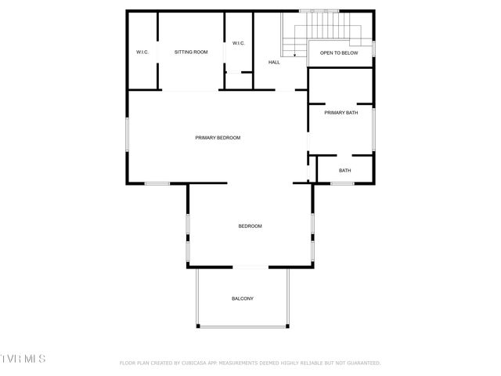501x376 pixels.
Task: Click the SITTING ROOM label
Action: click(x=191, y=52)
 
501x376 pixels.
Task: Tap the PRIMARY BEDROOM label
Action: click(x=218, y=138)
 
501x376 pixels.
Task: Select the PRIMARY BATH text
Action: click(x=341, y=113)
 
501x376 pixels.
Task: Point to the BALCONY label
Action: click(x=243, y=298)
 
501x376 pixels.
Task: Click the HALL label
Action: click(x=274, y=62)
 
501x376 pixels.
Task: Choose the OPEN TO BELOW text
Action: click(x=339, y=53)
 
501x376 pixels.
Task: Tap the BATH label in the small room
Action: click(x=344, y=171)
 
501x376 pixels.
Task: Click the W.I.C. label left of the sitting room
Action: click(x=142, y=52)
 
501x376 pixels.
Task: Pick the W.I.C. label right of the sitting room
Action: click(x=239, y=43)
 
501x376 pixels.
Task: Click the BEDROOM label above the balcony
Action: click(x=250, y=226)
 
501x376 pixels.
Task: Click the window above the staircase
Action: click(x=321, y=11)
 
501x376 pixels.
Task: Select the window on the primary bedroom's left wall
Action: click(x=128, y=138)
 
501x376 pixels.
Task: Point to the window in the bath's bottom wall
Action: click(x=342, y=183)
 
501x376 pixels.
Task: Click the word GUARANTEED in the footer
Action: click(x=362, y=363)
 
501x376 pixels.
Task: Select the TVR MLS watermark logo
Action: click(x=23, y=359)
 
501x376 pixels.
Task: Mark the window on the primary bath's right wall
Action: click(x=373, y=129)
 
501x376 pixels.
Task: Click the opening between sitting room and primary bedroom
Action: click(x=189, y=90)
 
